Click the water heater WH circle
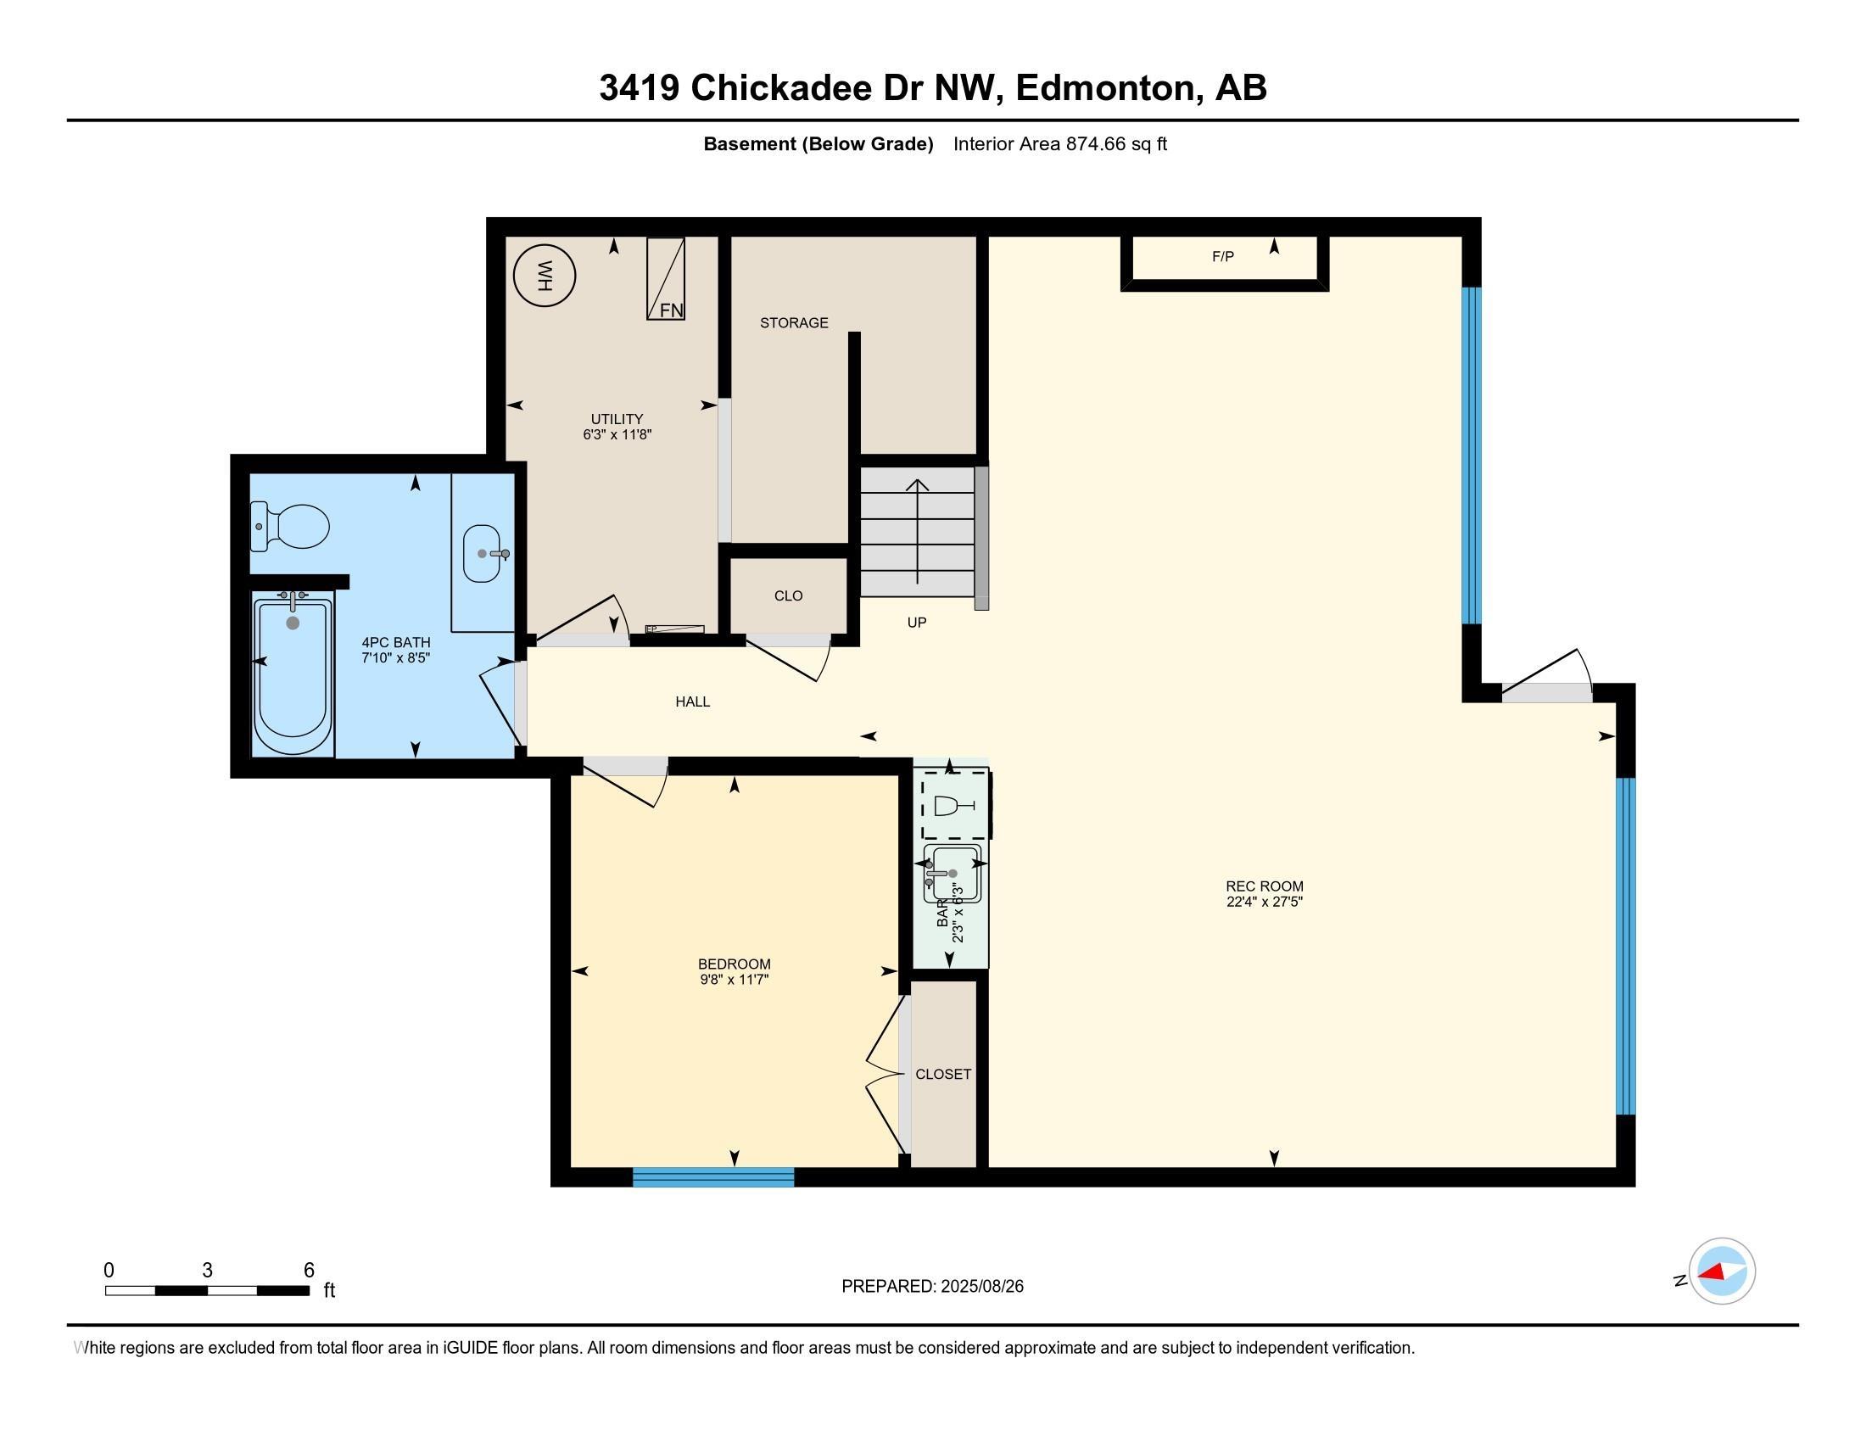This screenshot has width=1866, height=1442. (545, 276)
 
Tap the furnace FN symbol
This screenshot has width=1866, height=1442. (666, 278)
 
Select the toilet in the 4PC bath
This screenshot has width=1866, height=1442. (289, 526)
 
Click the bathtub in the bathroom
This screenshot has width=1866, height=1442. (293, 676)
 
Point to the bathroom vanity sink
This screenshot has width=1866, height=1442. (482, 554)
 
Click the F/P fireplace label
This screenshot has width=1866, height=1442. (1222, 256)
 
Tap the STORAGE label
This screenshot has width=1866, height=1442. (794, 323)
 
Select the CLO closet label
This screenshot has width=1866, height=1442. (789, 596)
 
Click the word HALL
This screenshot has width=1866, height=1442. (693, 701)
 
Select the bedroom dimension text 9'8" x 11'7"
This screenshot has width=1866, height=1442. (734, 980)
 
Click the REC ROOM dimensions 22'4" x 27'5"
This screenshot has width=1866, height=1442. (1265, 901)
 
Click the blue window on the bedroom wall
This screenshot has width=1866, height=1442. (713, 1177)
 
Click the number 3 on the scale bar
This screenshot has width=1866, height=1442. (207, 1271)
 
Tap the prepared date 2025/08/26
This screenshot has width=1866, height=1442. (981, 1287)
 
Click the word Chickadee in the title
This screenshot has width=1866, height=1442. (781, 88)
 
